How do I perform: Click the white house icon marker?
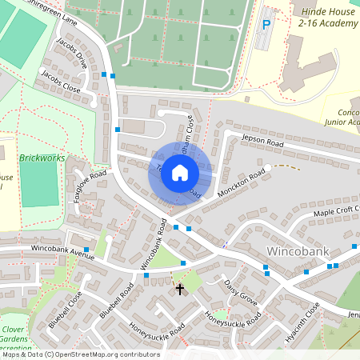pos(180,173)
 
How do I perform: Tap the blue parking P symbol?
pos(266,25)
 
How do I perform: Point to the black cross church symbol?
pos(180,288)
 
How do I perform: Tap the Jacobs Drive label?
pos(71,50)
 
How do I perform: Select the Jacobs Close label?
pos(61,81)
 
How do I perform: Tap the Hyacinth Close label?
pos(302,323)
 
